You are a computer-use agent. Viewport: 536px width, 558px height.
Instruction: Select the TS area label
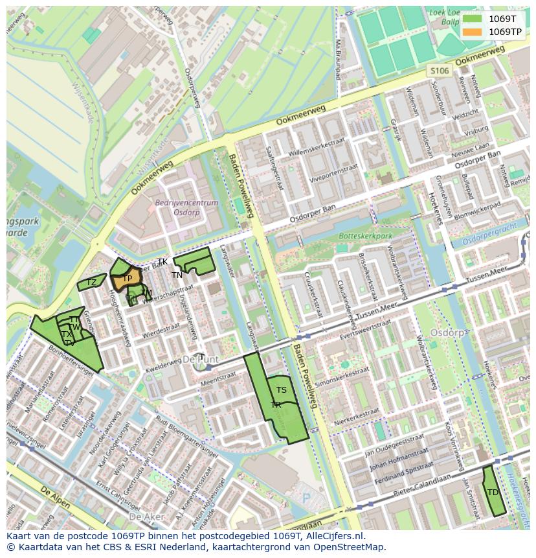tap(282, 390)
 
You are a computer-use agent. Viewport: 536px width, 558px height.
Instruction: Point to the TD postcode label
tap(493, 493)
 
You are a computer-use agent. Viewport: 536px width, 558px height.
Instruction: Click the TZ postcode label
tap(92, 283)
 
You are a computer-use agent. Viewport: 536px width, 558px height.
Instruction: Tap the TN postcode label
tap(177, 275)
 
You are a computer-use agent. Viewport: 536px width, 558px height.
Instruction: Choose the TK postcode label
tap(162, 262)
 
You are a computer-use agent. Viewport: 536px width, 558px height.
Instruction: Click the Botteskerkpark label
tap(366, 237)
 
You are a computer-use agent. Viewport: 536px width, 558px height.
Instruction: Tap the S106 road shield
tap(439, 71)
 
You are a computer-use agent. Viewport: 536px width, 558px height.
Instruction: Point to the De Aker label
tap(144, 517)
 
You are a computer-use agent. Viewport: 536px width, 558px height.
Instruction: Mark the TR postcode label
tap(276, 405)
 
